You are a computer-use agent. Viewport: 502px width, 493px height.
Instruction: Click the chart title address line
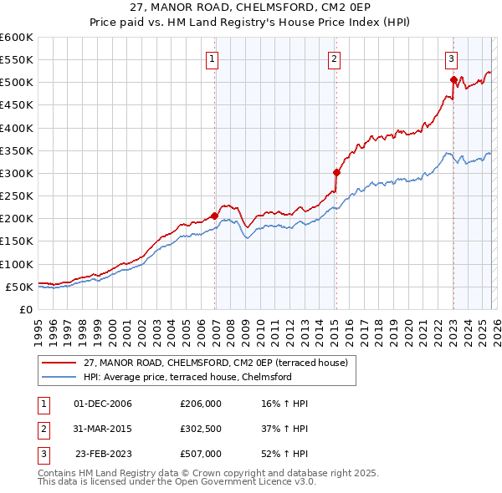[251, 8]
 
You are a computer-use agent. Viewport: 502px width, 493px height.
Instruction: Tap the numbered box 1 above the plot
[213, 59]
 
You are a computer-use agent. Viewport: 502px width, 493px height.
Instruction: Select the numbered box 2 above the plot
[334, 59]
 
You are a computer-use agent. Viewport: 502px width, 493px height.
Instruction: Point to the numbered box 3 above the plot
[451, 59]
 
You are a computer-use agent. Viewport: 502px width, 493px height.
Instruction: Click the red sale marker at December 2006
[214, 216]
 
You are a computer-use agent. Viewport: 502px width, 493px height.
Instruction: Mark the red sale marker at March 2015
[336, 172]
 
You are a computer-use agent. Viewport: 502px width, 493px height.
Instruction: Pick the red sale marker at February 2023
[453, 80]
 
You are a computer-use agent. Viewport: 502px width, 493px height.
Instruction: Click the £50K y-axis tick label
[19, 287]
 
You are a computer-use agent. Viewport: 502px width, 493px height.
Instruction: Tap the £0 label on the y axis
[25, 309]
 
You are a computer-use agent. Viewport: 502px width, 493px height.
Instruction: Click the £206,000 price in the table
[200, 404]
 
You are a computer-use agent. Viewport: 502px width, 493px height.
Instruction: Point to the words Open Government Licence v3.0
[248, 481]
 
